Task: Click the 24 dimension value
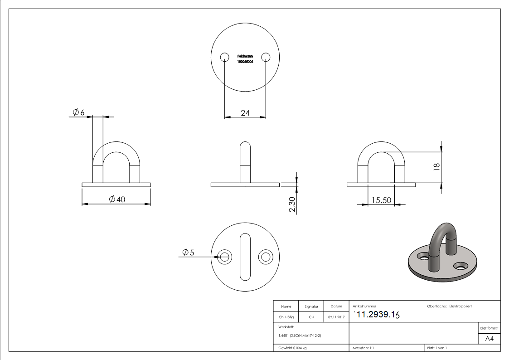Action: [x=245, y=113]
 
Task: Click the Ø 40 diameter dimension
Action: [x=117, y=199]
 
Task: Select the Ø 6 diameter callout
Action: [x=79, y=112]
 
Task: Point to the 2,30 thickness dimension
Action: [x=292, y=204]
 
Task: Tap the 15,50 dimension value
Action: [x=381, y=199]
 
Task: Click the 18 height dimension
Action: [x=436, y=166]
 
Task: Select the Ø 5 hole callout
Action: [x=188, y=253]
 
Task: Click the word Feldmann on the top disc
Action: [x=245, y=56]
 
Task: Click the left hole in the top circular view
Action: [x=224, y=57]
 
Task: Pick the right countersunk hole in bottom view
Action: [x=266, y=257]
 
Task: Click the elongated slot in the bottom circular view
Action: [x=245, y=257]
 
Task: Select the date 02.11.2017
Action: [x=336, y=317]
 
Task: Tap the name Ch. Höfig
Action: [x=286, y=317]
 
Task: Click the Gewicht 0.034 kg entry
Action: [x=292, y=348]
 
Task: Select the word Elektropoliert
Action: [x=461, y=306]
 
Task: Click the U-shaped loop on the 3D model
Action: [x=441, y=236]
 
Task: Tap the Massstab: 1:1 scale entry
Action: [x=363, y=348]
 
